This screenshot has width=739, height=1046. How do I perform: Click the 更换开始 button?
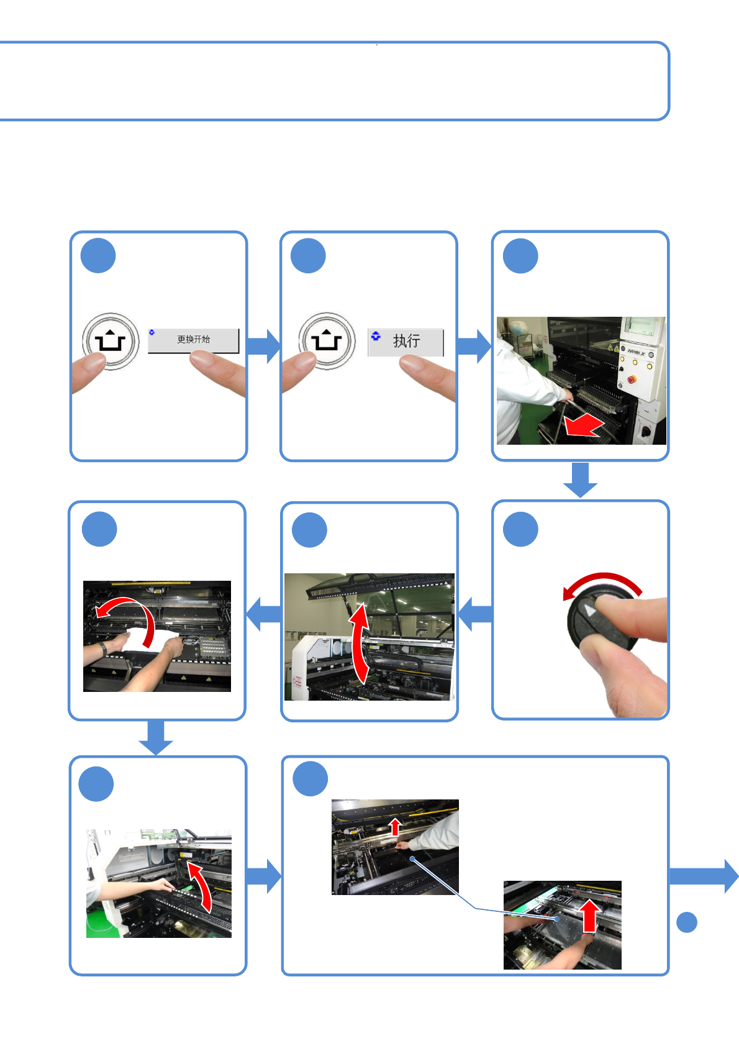[193, 340]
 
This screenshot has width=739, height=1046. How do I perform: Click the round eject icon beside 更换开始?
[111, 342]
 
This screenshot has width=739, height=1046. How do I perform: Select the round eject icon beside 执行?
[327, 341]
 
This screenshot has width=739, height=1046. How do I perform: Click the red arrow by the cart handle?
[584, 427]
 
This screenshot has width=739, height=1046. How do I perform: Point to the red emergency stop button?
[632, 379]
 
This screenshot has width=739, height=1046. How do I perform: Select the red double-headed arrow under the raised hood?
[359, 645]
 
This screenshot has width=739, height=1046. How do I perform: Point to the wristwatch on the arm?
[103, 648]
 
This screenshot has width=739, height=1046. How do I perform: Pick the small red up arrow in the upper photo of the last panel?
[395, 827]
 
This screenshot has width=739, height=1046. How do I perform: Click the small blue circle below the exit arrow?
[686, 922]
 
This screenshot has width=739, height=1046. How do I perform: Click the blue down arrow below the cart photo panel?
[580, 480]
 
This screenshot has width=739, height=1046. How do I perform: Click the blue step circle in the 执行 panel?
[308, 256]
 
